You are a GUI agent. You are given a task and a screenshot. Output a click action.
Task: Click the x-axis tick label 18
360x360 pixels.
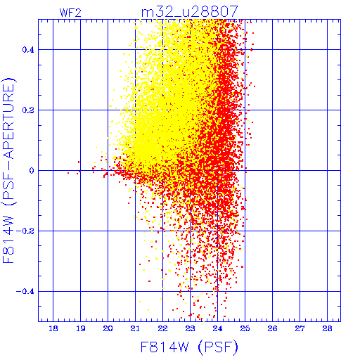(53, 328)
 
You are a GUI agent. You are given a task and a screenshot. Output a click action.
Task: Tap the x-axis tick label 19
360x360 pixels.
(81, 328)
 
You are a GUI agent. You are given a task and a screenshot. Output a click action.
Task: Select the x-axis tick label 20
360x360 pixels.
(108, 328)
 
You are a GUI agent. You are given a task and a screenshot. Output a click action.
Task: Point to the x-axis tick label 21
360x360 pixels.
(135, 328)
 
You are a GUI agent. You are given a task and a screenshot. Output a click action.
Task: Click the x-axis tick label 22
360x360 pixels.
(162, 328)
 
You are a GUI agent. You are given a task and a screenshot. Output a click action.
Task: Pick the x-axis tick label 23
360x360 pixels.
(190, 328)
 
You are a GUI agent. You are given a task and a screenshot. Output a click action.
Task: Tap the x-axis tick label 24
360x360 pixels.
(217, 328)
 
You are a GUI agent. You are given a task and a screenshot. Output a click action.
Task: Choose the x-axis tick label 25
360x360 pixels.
(245, 328)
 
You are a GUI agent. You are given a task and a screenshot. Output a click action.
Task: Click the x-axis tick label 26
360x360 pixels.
(272, 328)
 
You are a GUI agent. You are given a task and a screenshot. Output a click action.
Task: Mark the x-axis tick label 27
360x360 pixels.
(300, 328)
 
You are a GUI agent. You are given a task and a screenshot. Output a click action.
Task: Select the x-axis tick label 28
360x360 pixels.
(327, 328)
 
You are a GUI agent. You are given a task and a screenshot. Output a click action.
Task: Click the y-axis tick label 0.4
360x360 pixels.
(28, 50)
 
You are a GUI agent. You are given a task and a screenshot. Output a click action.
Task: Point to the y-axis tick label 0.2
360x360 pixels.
(28, 110)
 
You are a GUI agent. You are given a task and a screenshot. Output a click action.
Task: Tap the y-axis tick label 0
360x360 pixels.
(32, 171)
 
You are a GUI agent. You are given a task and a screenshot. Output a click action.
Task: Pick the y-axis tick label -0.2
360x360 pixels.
(25, 231)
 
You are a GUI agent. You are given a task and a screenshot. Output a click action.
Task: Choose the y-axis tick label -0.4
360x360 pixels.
(25, 292)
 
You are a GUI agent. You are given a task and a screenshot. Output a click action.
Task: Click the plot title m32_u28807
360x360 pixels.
(190, 12)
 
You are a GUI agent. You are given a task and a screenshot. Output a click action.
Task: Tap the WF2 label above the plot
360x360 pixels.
(70, 13)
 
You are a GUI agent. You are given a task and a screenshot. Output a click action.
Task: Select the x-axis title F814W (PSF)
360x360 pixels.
(189, 347)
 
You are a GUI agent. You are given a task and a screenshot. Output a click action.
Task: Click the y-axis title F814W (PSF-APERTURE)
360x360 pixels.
(8, 171)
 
